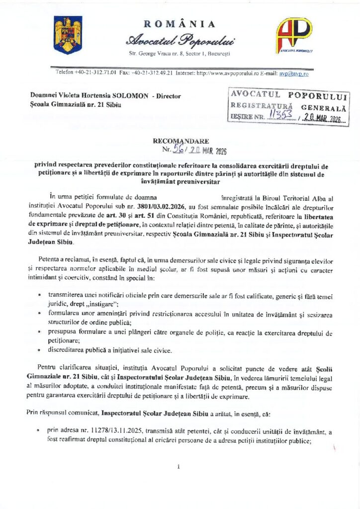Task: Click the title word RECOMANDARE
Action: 181,141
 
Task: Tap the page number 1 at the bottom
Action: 178,466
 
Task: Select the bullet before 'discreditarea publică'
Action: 39,350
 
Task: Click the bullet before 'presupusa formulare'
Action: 39,333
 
